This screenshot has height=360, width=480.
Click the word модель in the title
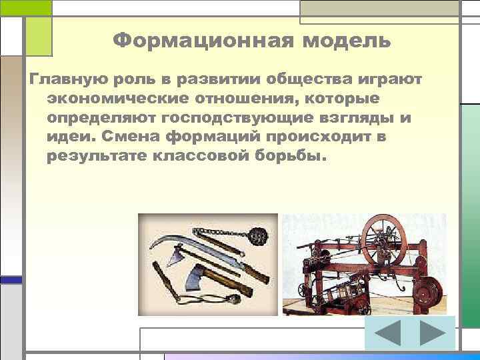(x=347, y=41)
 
